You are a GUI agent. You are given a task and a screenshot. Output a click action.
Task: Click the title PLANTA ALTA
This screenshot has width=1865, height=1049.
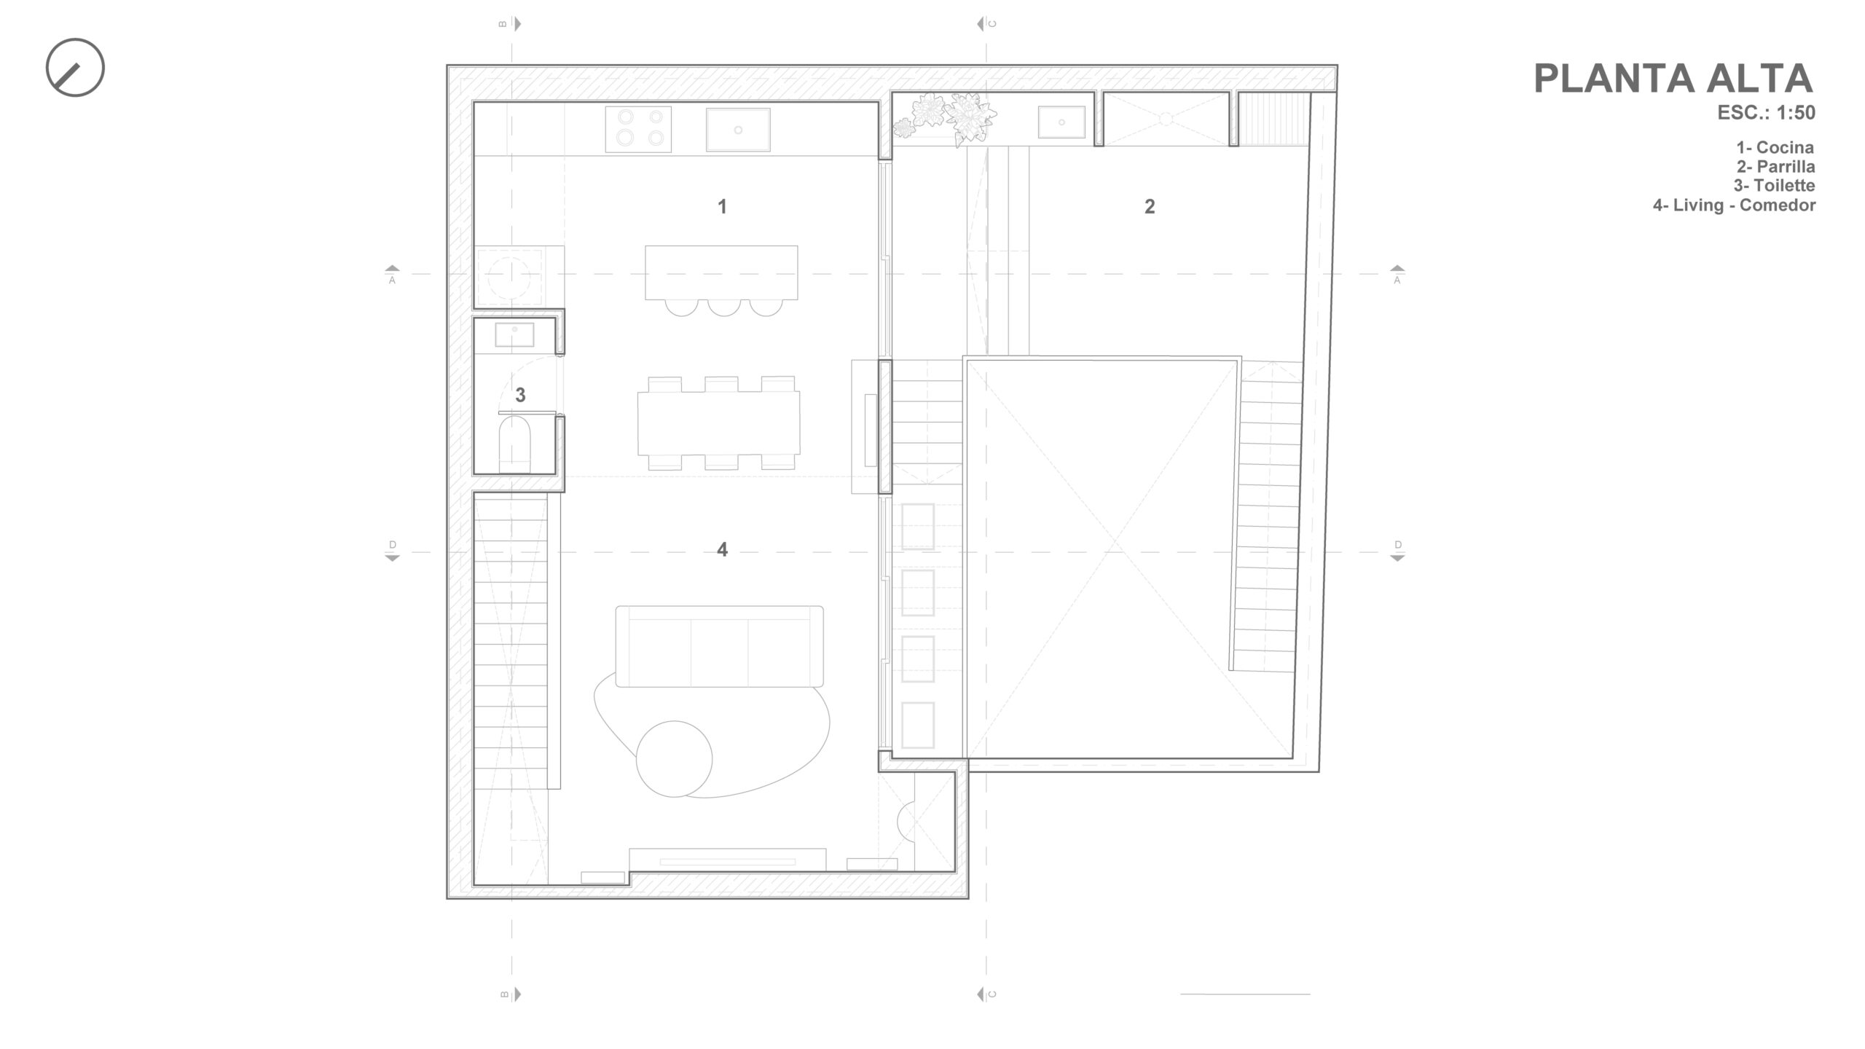pos(1673,79)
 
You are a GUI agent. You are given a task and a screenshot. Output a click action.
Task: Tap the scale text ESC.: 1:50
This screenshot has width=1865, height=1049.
pos(1766,113)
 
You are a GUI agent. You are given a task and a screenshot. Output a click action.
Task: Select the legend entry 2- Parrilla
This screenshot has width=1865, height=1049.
pos(1775,167)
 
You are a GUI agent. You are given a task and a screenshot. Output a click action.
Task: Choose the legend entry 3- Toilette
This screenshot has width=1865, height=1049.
pos(1774,186)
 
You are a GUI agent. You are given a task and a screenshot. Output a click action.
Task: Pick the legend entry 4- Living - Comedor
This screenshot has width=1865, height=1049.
pos(1734,205)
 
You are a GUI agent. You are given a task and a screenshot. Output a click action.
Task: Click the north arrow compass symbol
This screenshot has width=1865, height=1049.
pos(75,67)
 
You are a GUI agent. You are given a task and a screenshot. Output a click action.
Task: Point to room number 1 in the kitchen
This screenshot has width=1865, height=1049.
pos(722,207)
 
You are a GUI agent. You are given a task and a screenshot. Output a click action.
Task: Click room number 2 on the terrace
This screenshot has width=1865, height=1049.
pos(1150,207)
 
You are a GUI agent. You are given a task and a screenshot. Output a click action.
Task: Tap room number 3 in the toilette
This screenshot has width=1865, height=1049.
pos(520,395)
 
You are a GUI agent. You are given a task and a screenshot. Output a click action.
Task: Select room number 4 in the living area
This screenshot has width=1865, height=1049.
pos(722,549)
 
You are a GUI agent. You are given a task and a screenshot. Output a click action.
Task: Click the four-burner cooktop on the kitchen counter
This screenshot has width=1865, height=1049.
pos(638,129)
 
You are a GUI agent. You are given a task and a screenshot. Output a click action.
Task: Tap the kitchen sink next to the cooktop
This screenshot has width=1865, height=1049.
pos(738,130)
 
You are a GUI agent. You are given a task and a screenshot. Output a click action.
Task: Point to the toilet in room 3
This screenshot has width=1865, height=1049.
pos(515,441)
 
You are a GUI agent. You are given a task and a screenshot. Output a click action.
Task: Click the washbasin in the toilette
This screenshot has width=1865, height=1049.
pos(514,335)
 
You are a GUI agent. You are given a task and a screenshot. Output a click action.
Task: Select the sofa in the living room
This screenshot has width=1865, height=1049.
pos(720,646)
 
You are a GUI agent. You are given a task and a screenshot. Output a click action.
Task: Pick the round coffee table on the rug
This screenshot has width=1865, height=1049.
pos(674,759)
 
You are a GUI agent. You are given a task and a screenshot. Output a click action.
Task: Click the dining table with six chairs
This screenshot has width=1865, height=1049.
pos(718,423)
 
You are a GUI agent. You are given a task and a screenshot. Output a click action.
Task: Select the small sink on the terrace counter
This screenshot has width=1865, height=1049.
pos(1061,122)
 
